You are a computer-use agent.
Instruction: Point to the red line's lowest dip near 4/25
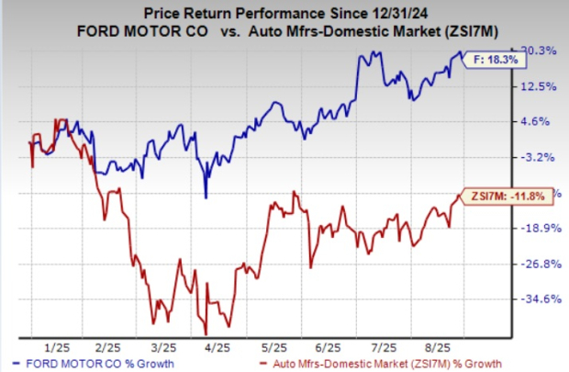[206, 333]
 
